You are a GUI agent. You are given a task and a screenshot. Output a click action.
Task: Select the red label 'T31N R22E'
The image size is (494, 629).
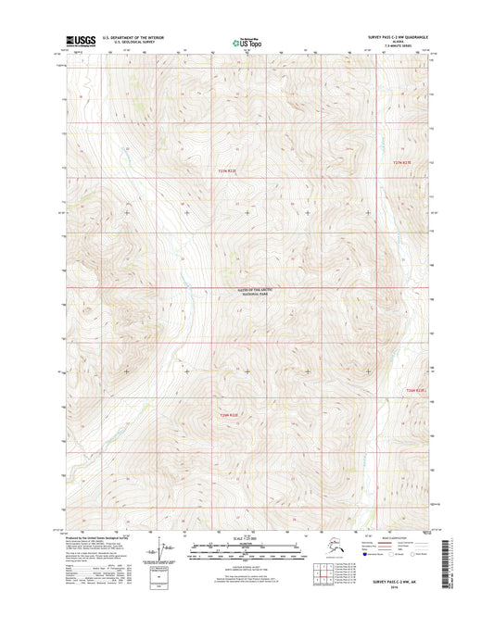[228, 414]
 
